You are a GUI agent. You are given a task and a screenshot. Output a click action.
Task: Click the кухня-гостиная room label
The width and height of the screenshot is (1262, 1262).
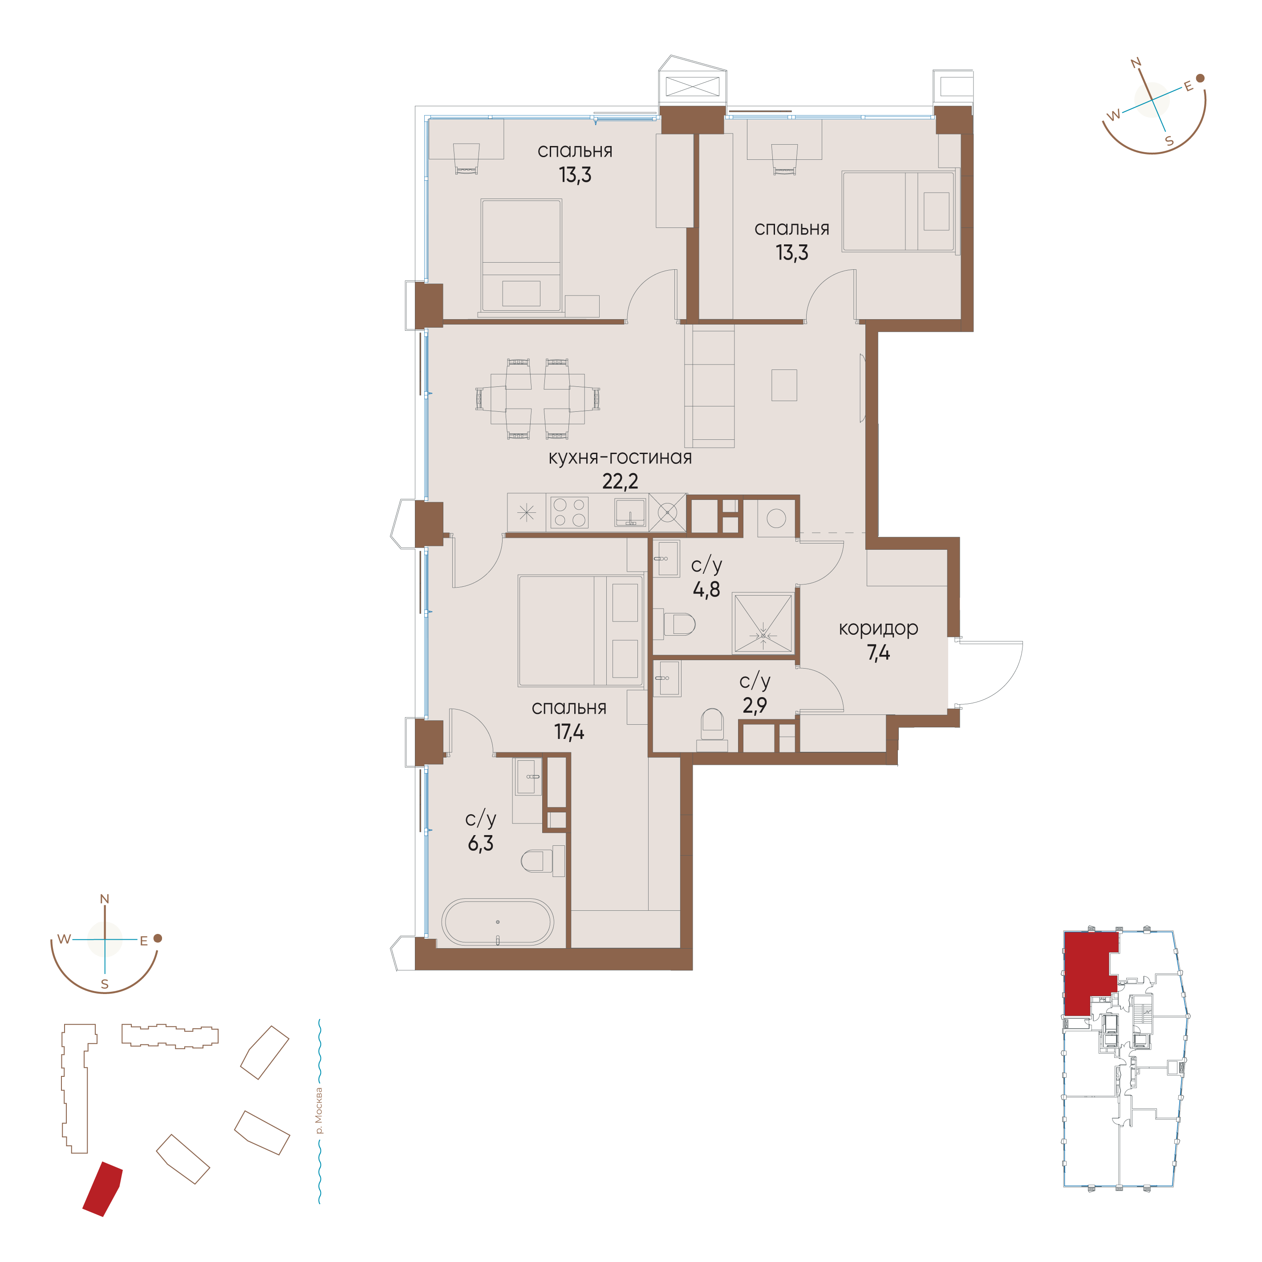(620, 458)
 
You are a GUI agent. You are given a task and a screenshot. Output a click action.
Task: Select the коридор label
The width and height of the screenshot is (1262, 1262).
(879, 629)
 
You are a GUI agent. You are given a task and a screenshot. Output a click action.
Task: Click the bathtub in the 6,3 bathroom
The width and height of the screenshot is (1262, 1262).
(498, 922)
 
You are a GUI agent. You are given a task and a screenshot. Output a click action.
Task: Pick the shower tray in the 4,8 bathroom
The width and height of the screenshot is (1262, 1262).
(763, 622)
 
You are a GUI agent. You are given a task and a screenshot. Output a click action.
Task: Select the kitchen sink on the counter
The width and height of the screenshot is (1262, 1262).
(630, 512)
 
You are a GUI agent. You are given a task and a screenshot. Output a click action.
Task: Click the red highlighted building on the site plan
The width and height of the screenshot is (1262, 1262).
(102, 1189)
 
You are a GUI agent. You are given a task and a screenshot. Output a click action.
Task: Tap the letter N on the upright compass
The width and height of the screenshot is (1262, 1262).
(105, 899)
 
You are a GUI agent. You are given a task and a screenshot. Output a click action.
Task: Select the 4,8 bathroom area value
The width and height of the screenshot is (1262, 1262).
(706, 590)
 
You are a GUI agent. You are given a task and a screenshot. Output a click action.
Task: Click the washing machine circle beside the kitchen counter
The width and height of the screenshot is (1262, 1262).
(776, 519)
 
